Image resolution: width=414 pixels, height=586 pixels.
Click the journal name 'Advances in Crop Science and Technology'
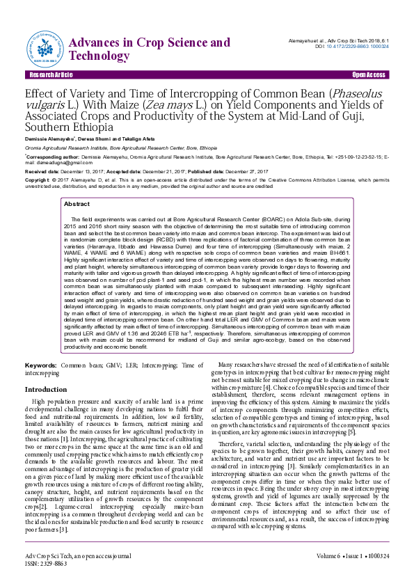click(150, 49)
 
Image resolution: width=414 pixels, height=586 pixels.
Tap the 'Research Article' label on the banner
click(51, 74)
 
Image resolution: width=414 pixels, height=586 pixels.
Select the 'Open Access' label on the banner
click(369, 74)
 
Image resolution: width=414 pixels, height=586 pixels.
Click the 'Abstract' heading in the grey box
click(77, 204)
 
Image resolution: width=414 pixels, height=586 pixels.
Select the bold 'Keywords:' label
click(41, 365)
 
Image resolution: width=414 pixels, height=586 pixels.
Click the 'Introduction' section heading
click(46, 390)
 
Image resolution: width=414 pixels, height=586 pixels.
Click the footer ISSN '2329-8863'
click(56, 564)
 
